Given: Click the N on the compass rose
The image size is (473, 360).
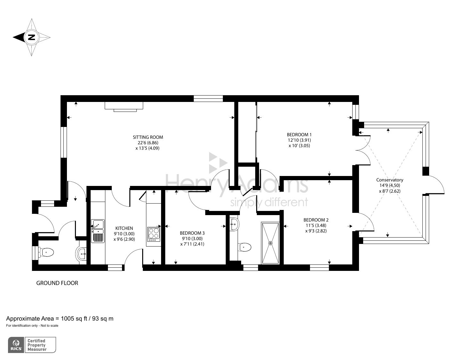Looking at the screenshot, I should coord(31,37).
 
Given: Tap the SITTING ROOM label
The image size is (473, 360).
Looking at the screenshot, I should coord(146,137).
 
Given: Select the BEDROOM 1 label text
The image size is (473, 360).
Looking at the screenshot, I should coord(299,135).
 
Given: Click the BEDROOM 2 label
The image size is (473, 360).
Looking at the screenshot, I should coord(316,220).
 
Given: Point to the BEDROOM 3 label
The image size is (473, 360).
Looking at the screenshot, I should coord(192,233).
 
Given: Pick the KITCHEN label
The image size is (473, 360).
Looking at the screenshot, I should coord(124,228).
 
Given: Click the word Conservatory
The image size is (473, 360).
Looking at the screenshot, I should coord(389,180).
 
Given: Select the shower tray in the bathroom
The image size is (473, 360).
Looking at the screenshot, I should coord(271,243).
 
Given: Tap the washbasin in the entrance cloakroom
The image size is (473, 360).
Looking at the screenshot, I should coord(82,254).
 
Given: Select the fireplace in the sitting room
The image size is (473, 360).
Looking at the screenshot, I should coord(124,106).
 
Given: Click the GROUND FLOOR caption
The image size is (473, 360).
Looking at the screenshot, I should coord(57,283).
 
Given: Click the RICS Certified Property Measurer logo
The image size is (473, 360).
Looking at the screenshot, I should coord(32,345).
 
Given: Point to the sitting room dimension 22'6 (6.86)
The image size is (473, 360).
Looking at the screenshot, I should coord(146,143).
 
